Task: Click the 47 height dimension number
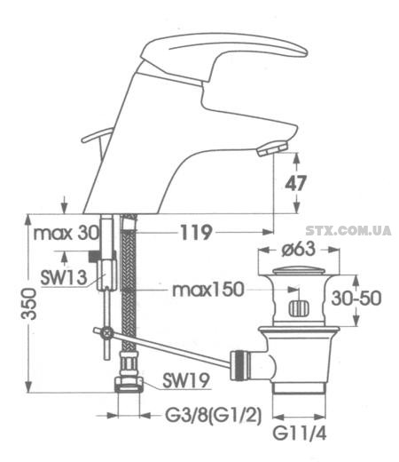295,183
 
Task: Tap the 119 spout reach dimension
196,233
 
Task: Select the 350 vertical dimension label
28,304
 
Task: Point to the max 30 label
66,234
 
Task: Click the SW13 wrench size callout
64,278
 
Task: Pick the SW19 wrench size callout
186,380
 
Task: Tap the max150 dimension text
208,290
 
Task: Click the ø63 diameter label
299,250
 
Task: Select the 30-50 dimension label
356,299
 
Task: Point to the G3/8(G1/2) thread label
213,416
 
